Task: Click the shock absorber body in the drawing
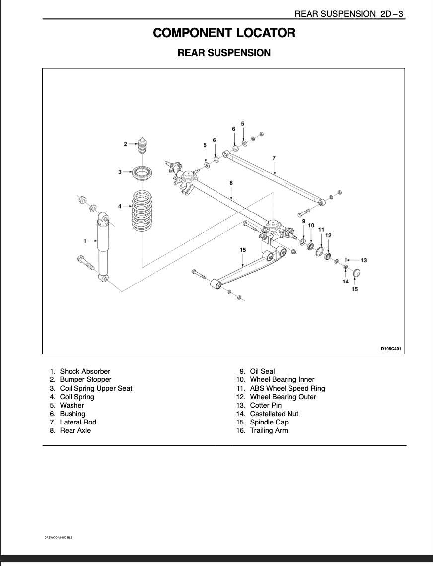pos(103,246)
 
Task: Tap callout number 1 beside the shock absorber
pos(85,241)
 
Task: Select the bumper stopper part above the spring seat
pos(144,146)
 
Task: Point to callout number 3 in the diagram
pos(120,172)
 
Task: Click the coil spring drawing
pos(143,211)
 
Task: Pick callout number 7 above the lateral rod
pos(274,158)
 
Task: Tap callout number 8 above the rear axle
pos(231,183)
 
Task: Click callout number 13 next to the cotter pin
pos(364,260)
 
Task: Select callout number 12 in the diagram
pos(328,235)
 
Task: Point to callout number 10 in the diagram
pos(311,225)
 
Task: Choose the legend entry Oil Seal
pos(262,371)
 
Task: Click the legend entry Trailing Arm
pos(269,430)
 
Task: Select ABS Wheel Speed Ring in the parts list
pos(288,388)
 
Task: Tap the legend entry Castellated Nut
pos(274,414)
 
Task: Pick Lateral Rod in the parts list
pos(78,422)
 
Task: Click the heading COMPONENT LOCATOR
pos(224,33)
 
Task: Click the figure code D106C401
pos(391,349)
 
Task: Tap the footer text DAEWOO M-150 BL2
pos(58,537)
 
